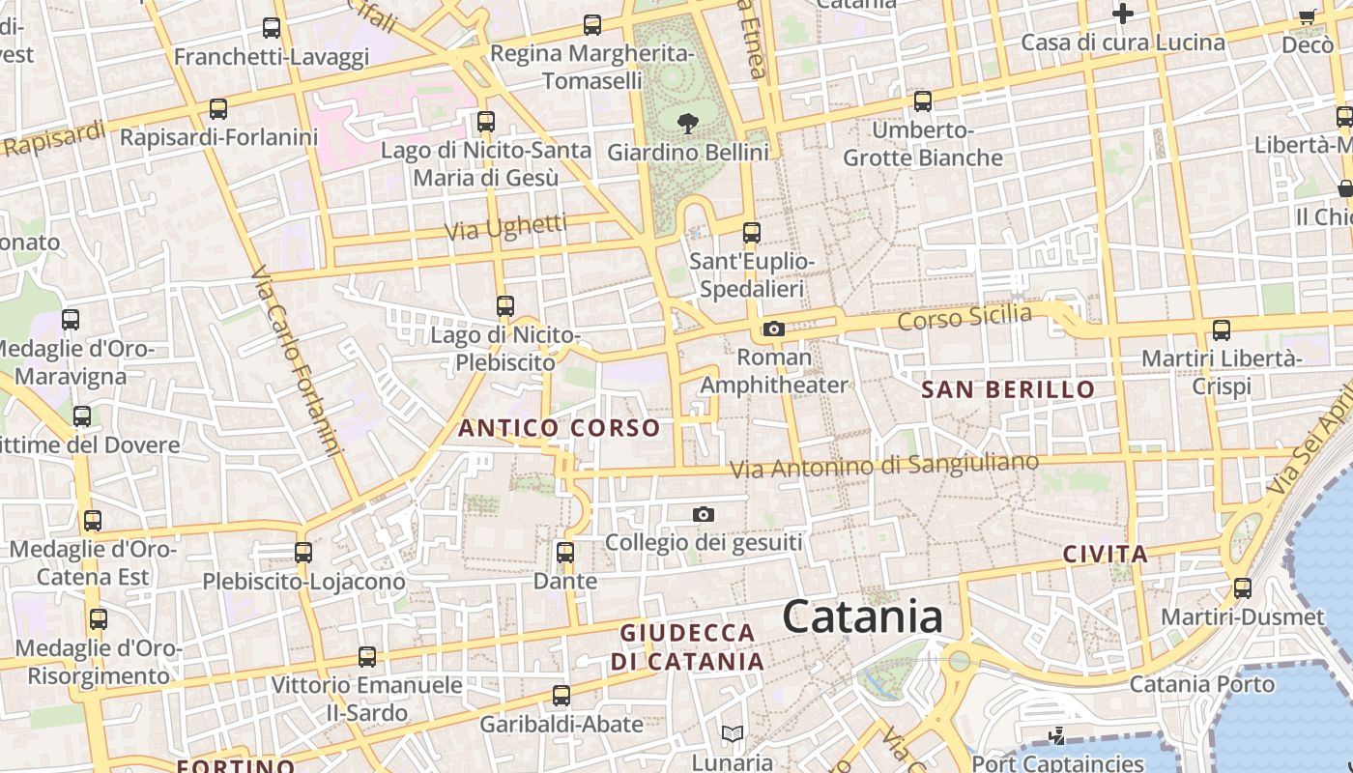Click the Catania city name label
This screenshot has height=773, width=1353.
[x=862, y=616]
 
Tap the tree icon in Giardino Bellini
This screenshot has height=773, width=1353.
[x=688, y=123]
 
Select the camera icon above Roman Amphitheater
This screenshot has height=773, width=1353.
[x=773, y=329]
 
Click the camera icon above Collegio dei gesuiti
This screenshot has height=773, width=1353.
[x=704, y=514]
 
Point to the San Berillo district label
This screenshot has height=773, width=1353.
[x=1008, y=390]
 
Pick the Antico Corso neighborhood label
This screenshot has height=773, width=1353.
[x=560, y=428]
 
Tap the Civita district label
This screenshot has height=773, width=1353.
[x=1106, y=555]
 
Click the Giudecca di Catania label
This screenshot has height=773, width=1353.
[x=687, y=647]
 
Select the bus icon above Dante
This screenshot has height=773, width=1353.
[x=565, y=553]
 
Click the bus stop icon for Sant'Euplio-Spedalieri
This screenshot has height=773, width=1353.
[x=752, y=233]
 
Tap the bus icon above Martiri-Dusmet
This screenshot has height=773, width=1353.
[x=1243, y=587]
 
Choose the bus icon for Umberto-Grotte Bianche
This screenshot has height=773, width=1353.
[x=923, y=100]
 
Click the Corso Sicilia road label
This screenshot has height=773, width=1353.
[x=964, y=317]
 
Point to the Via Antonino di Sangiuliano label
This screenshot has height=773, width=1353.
[x=883, y=466]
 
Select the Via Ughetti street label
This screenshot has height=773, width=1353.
[x=505, y=228]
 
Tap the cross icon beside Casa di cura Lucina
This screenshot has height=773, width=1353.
[x=1122, y=14]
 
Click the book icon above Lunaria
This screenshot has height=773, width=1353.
[x=733, y=734]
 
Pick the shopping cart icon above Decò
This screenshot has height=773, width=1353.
[x=1308, y=15]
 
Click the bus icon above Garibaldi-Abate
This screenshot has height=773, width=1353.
[x=561, y=696]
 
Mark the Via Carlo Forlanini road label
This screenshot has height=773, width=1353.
[x=297, y=362]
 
